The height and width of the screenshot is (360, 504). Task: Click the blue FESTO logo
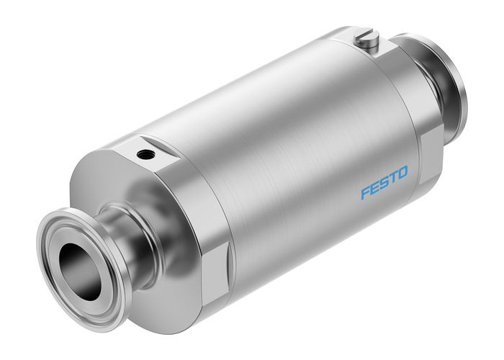click(384, 182)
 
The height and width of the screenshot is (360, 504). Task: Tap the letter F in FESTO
click(365, 193)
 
